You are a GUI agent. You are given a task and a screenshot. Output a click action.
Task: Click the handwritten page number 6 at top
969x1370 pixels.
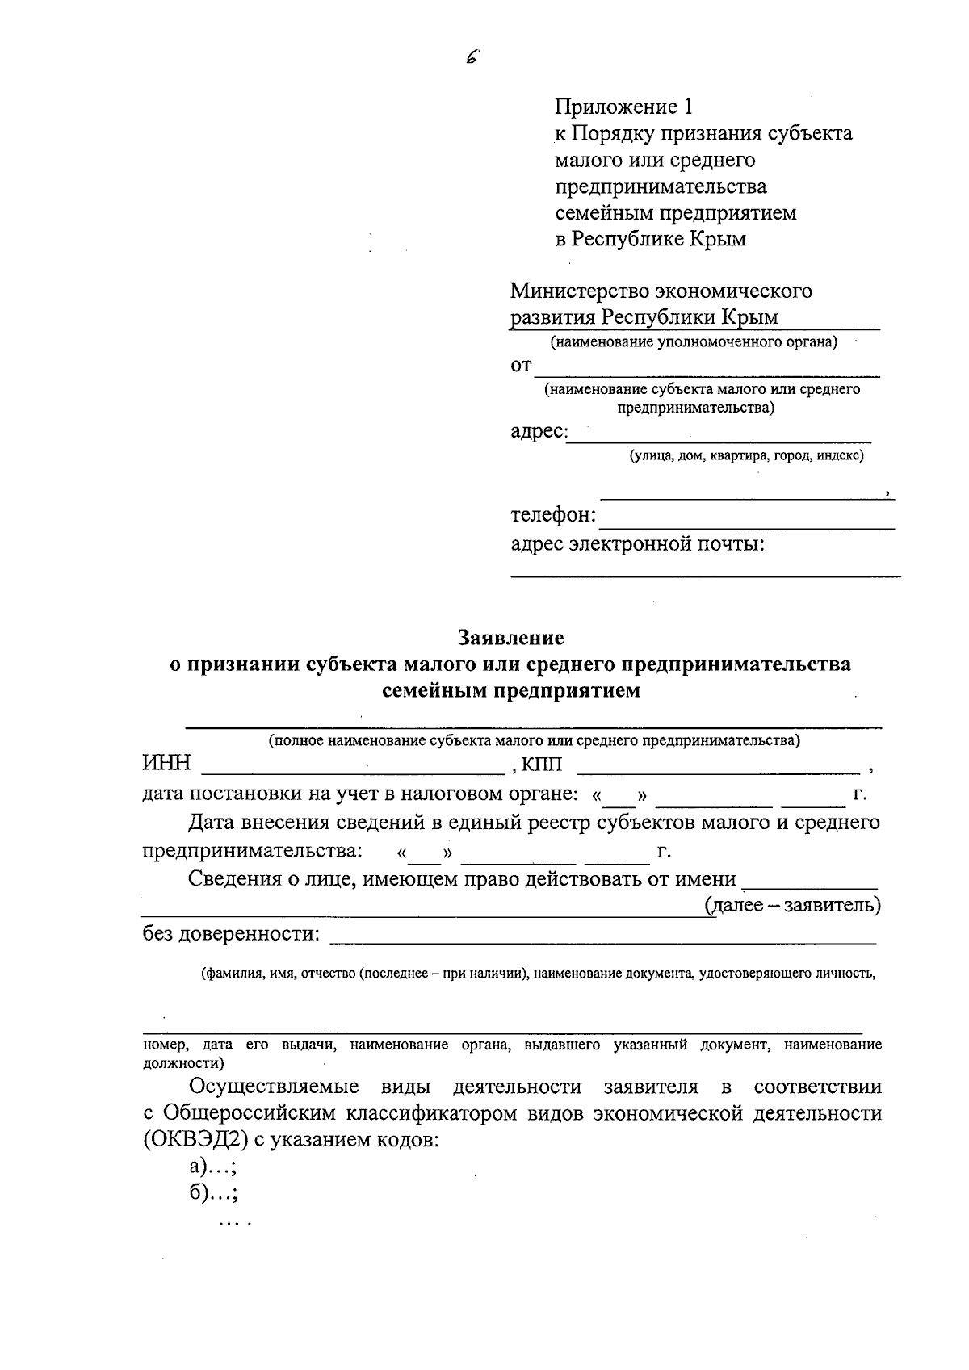[472, 57]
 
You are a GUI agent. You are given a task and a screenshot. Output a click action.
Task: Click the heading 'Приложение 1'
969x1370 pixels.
[623, 107]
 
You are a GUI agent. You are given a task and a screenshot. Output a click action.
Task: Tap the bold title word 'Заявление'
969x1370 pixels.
[511, 638]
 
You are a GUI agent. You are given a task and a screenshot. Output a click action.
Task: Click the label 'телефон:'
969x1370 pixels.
[553, 515]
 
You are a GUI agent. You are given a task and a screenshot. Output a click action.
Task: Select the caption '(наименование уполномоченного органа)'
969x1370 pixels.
[694, 342]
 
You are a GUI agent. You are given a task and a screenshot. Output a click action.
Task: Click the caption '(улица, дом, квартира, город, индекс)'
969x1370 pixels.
[747, 456]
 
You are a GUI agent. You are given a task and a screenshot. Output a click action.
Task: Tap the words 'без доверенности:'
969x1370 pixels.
[231, 934]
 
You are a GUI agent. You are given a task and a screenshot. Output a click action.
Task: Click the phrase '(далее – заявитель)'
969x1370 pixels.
[793, 905]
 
